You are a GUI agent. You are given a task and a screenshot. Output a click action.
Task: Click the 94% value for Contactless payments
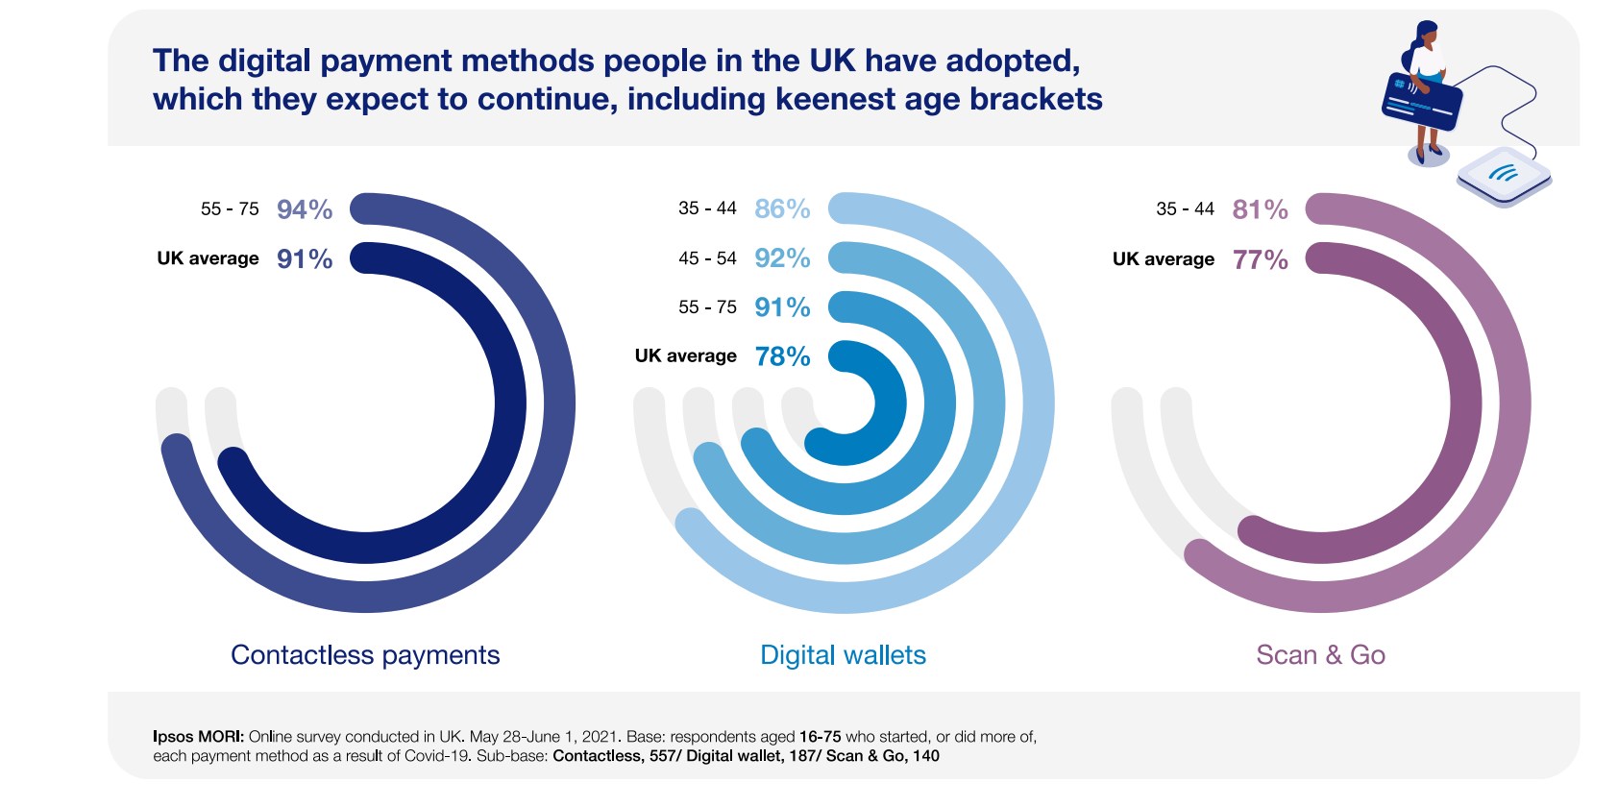[x=304, y=209]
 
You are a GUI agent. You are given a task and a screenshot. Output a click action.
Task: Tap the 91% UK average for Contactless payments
[x=304, y=258]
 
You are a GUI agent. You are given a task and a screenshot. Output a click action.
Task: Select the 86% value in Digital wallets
[x=782, y=208]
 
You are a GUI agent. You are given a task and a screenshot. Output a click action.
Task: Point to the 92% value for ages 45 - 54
[x=782, y=258]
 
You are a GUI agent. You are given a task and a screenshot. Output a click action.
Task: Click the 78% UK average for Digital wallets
[x=782, y=356]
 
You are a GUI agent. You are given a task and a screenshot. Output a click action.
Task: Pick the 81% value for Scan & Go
[x=1260, y=209]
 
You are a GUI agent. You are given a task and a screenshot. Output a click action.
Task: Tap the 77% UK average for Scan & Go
[x=1260, y=259]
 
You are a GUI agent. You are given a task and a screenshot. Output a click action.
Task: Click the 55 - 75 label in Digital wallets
[x=707, y=307]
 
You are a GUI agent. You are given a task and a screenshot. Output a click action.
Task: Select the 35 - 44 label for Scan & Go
[x=1185, y=209]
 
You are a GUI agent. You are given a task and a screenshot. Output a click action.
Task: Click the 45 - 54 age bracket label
[x=707, y=258]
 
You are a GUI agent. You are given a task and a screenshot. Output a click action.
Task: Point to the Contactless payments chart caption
[x=365, y=655]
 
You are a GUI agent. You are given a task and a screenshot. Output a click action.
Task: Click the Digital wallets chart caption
[x=843, y=655]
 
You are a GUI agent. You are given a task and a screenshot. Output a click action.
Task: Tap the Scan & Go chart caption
[x=1320, y=655]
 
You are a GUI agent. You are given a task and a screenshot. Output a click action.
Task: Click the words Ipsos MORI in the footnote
[x=197, y=737]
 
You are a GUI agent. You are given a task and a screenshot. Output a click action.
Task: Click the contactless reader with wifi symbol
[x=1504, y=176]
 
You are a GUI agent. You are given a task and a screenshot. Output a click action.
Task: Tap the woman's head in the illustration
[x=1427, y=36]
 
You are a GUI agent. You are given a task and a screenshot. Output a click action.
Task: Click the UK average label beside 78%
[x=685, y=356]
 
